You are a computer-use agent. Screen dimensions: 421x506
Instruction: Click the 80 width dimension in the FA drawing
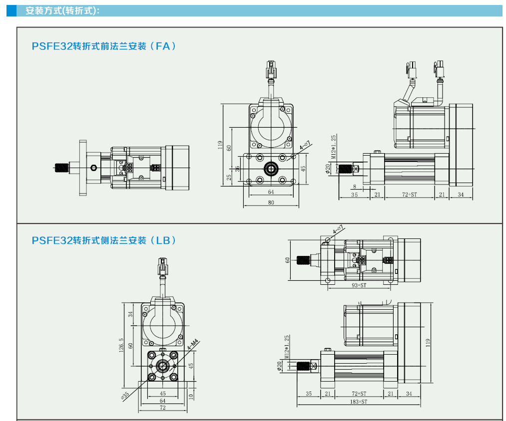click(271, 202)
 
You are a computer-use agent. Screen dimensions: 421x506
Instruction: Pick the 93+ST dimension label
click(359, 285)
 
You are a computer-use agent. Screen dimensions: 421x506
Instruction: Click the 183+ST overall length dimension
click(359, 402)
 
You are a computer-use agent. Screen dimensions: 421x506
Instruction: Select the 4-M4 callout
click(193, 344)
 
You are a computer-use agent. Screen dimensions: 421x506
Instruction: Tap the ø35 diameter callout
click(125, 396)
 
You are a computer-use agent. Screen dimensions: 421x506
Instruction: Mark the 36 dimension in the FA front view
click(237, 169)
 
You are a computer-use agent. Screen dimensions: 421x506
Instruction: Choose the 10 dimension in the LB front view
click(191, 397)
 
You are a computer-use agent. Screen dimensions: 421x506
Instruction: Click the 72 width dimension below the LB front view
click(162, 408)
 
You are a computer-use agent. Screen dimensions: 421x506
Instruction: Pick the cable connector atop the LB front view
click(162, 266)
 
